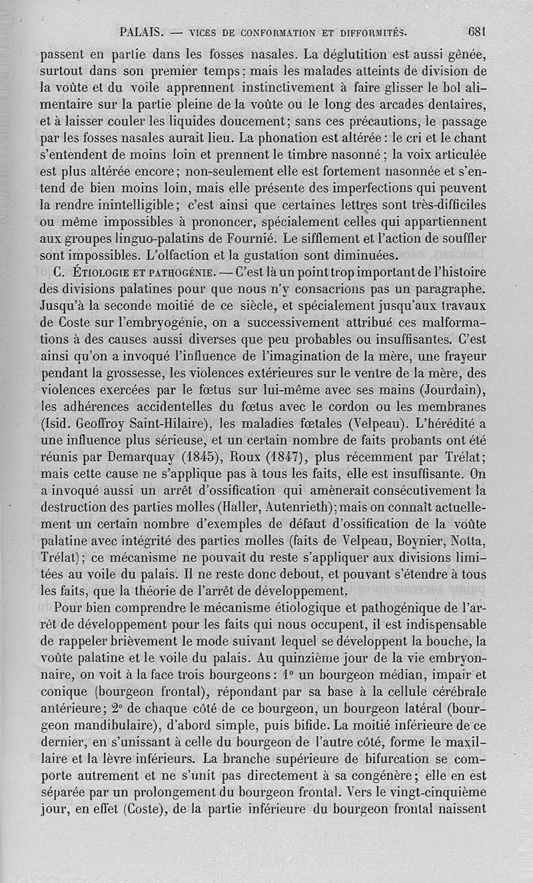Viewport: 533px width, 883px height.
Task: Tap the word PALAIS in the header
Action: click(x=142, y=31)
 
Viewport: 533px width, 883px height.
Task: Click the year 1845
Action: click(x=199, y=457)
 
